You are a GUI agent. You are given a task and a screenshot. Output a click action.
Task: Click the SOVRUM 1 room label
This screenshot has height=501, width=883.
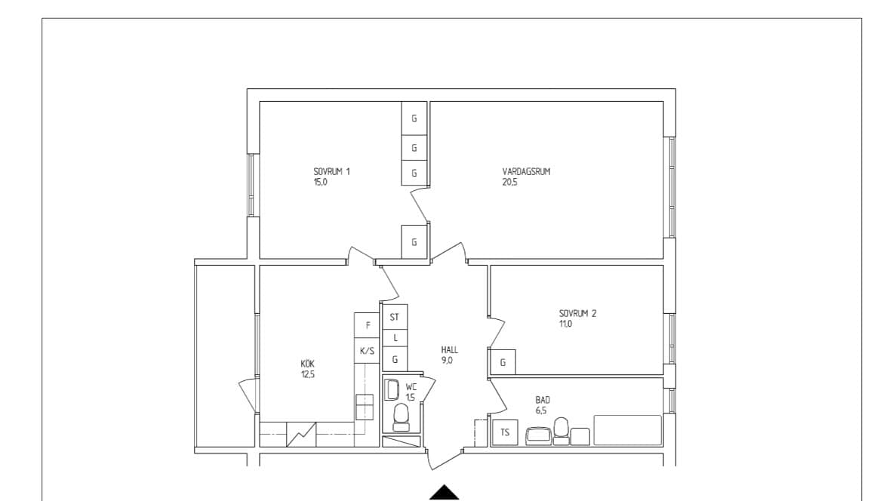331,172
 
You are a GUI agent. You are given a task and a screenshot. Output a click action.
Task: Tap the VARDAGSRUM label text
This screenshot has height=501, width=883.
527,172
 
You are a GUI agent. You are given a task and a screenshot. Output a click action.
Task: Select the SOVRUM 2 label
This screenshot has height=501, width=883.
578,314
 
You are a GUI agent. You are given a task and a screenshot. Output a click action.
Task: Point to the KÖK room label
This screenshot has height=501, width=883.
307,364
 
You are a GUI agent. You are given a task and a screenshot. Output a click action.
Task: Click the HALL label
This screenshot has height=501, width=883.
449,350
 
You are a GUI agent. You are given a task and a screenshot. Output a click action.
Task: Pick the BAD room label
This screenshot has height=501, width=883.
543,400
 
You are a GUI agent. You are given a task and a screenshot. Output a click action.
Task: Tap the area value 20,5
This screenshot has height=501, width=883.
509,183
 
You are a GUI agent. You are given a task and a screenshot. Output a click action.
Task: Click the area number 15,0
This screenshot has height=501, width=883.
321,183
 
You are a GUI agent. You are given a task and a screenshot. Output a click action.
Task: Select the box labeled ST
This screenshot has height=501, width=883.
395,318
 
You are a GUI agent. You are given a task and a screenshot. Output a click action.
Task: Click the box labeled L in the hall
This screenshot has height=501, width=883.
395,338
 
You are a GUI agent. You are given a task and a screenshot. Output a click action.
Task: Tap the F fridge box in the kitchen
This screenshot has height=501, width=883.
368,325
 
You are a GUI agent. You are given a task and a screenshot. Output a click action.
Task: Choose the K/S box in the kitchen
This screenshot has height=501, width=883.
368,351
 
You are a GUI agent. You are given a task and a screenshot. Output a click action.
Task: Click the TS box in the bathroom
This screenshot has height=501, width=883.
505,432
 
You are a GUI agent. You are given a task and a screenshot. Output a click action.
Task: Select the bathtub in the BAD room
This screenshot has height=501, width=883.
627,430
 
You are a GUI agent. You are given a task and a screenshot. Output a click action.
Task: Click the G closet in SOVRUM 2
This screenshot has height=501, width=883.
503,362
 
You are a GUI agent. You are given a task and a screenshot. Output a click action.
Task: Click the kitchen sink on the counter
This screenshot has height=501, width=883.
365,407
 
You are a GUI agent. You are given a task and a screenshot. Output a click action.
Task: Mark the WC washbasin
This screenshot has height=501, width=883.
392,389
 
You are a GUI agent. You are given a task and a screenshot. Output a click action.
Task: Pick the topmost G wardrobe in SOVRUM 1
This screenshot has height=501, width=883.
414,118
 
